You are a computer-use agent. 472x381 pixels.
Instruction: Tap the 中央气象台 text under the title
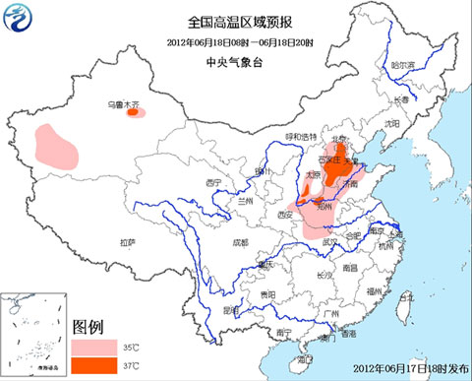[x=235, y=61]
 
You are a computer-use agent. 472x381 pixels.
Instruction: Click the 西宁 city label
[x=214, y=183]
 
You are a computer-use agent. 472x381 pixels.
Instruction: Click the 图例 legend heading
[x=89, y=327]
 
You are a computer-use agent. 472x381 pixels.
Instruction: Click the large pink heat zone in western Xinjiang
[x=56, y=144]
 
